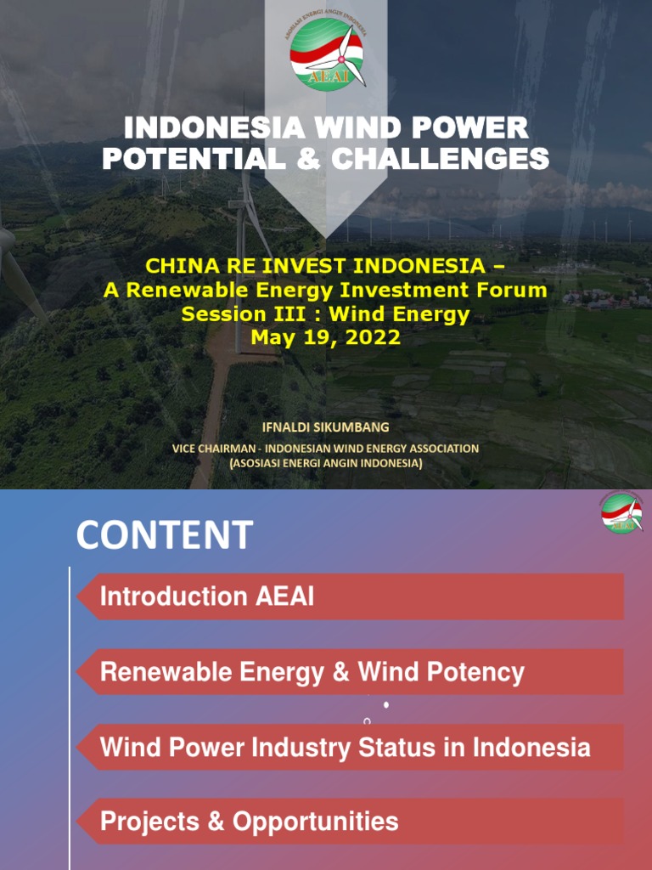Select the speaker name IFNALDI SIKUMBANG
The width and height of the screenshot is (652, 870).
click(326, 427)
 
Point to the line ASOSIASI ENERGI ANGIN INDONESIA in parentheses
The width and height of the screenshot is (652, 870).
click(326, 463)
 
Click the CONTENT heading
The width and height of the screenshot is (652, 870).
click(164, 535)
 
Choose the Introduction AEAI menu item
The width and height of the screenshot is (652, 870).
click(207, 596)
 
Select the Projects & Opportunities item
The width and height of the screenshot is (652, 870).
click(249, 822)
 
